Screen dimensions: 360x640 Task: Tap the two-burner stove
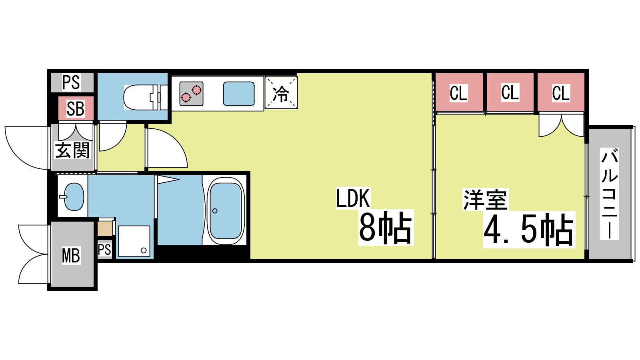(191, 94)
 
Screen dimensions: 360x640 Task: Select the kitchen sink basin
(238, 94)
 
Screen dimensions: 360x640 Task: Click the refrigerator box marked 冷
(281, 93)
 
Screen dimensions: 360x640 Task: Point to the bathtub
(226, 211)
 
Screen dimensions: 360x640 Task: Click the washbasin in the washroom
(74, 196)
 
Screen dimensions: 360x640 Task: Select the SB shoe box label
(76, 109)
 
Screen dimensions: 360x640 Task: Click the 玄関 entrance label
(72, 150)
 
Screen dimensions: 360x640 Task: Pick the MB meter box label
(71, 256)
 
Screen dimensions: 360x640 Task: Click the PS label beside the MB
(104, 250)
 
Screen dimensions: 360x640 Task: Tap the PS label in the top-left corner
(71, 82)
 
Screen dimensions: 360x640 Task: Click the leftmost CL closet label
(458, 93)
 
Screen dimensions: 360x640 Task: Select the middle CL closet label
(510, 92)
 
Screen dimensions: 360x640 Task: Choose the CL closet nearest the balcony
(561, 93)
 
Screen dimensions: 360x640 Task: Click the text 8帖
(385, 228)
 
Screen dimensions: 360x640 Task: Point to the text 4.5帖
(529, 230)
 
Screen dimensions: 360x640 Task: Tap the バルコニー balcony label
(610, 194)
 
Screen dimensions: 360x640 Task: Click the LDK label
(353, 198)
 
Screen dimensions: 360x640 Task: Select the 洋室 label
(485, 200)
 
